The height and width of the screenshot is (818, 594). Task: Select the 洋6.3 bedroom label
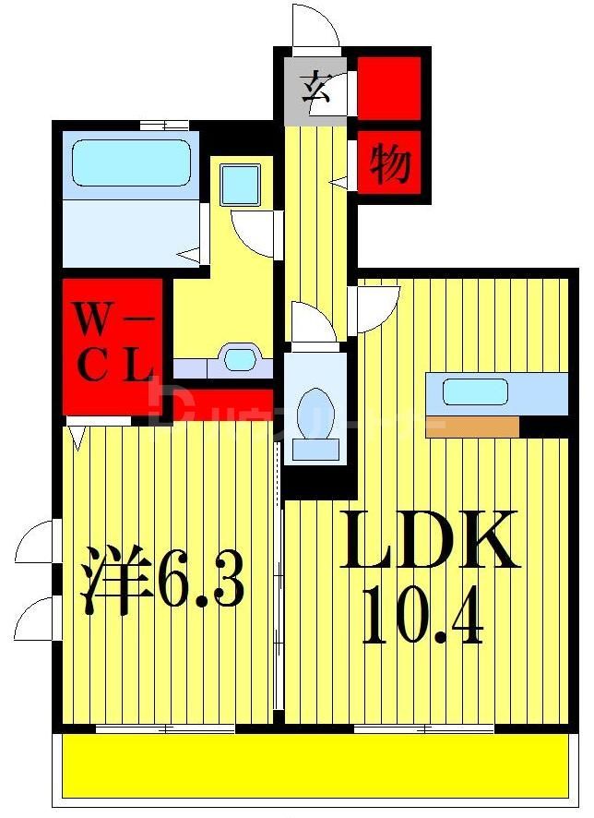point(165,579)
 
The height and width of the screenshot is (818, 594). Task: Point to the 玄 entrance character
point(315,90)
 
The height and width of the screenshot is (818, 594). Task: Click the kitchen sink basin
point(475,391)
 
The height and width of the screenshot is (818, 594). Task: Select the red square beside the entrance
point(388,88)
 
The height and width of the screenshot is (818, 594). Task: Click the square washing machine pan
point(241,184)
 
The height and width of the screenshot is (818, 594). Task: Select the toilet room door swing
point(312,323)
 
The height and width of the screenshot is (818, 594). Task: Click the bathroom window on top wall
point(164,125)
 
